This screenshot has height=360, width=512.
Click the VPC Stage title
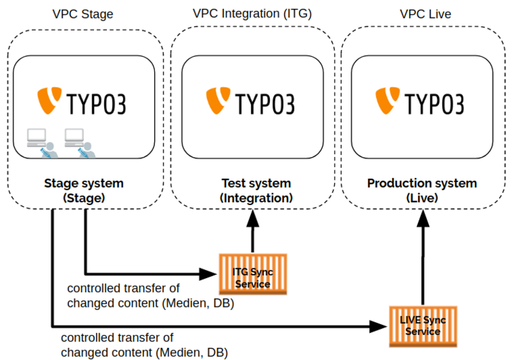point(84,13)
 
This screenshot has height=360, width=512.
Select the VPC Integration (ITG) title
point(252,13)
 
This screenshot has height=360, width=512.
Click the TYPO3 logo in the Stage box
point(84,102)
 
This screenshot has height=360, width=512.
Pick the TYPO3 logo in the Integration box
point(253,102)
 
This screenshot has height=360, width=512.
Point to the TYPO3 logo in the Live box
point(422,102)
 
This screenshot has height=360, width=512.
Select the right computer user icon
point(79,142)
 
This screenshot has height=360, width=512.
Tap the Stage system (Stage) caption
point(84,191)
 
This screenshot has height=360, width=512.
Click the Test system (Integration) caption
point(256,191)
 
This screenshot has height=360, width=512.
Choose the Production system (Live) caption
point(422,191)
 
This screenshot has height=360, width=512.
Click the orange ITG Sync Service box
point(253,274)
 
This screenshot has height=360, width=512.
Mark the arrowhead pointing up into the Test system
point(253,218)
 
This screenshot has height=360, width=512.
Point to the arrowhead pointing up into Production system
point(422,218)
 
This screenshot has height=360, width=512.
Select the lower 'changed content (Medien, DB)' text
point(144,352)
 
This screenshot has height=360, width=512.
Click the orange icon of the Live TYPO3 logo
point(386,101)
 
